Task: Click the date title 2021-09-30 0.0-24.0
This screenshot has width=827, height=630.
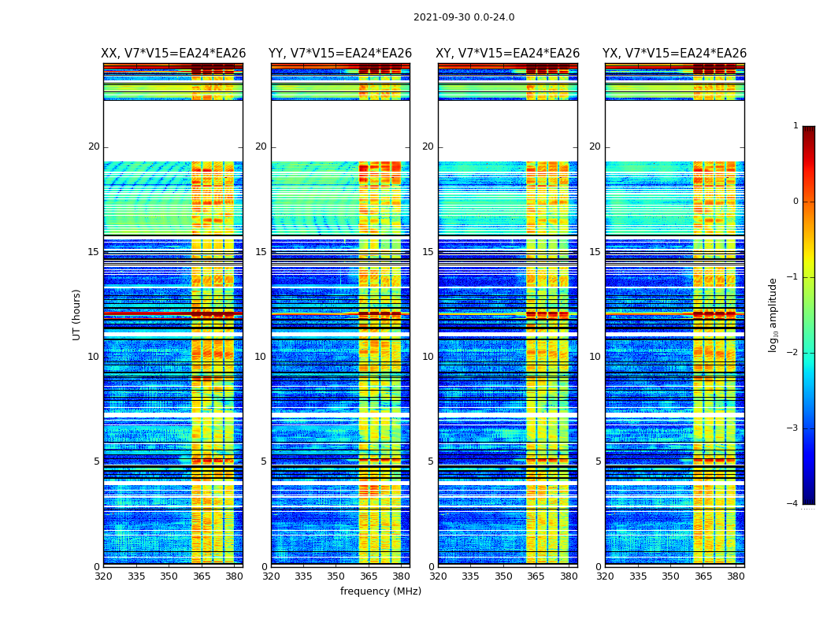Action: pos(464,17)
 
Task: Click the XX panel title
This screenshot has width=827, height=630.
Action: pos(173,54)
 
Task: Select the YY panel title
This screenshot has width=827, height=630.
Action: pos(340,54)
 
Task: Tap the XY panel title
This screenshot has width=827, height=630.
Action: pos(508,54)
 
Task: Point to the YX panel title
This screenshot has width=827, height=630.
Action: pos(675,54)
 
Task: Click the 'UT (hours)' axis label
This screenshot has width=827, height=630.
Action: pos(77,314)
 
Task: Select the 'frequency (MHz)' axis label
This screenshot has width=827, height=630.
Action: pos(380,591)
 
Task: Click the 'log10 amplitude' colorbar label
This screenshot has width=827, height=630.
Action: pos(773,314)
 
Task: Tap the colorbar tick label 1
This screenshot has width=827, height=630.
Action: pos(795,126)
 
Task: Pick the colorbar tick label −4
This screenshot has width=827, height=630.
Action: pos(793,504)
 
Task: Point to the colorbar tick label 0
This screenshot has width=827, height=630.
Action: pos(795,202)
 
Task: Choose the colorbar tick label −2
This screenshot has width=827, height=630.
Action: pos(793,353)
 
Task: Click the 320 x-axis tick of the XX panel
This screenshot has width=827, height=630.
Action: pos(103,576)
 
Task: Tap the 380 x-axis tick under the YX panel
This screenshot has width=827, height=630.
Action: pos(736,576)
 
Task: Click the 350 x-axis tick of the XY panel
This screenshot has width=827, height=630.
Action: pos(503,576)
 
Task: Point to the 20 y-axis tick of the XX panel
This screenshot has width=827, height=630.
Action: pos(94,146)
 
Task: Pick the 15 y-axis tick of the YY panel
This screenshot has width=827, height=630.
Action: pos(261,252)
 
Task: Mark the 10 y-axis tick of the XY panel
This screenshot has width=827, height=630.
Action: pos(428,357)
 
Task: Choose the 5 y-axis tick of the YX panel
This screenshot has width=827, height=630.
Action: pos(598,461)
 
